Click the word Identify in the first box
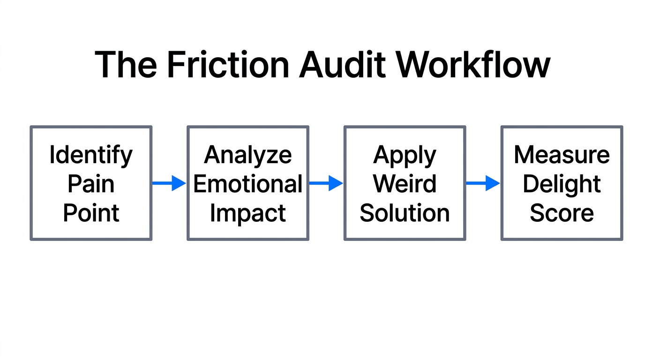tap(91, 155)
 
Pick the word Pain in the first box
tap(91, 184)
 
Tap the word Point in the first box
tap(91, 213)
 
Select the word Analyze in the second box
tap(248, 155)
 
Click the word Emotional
tap(248, 184)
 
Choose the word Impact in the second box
tap(248, 213)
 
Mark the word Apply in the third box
tap(405, 155)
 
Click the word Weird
tap(405, 184)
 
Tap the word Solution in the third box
tap(405, 213)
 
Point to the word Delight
tap(562, 184)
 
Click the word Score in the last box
tap(562, 213)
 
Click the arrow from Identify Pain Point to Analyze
tap(169, 183)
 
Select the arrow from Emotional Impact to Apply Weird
tap(326, 183)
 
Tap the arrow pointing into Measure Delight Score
tap(483, 183)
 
